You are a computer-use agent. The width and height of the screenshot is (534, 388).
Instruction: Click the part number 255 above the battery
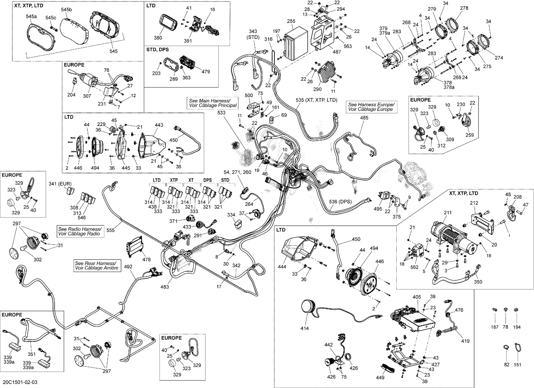(x=291, y=21)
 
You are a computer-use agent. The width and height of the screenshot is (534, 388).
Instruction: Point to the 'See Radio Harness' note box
(x=80, y=231)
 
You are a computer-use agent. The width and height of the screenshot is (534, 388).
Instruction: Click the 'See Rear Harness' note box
(x=96, y=266)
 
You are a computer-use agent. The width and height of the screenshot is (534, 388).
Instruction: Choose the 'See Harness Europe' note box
(x=371, y=107)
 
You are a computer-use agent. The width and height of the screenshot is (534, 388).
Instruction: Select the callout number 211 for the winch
(x=447, y=213)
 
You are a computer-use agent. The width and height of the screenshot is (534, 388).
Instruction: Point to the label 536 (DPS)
(x=340, y=202)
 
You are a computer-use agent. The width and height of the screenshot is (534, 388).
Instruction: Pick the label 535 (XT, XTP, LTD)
(x=316, y=100)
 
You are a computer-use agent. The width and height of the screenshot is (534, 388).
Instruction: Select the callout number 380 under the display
(x=158, y=38)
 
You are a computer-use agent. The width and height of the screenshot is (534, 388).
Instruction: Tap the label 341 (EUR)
(x=60, y=184)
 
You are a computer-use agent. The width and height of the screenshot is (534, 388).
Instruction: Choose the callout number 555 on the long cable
(x=110, y=230)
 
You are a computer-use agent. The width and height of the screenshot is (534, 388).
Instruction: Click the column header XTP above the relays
(x=174, y=180)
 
